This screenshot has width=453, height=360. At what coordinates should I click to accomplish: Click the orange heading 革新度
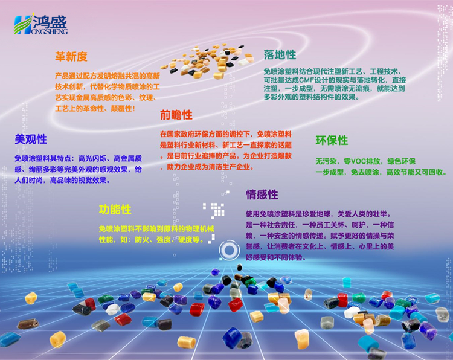click(71, 57)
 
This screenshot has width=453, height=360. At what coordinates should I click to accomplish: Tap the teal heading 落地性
click(280, 55)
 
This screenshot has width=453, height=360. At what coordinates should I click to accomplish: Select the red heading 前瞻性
click(176, 115)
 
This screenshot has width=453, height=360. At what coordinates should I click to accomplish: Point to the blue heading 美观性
click(31, 140)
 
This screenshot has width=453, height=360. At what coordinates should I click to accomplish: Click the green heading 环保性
click(332, 140)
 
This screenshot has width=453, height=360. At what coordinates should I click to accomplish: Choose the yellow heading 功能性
click(115, 210)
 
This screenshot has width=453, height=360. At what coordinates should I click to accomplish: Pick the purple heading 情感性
click(262, 194)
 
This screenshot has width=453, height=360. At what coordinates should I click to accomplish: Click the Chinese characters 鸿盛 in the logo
click(50, 22)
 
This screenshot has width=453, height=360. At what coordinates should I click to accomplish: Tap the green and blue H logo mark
click(23, 25)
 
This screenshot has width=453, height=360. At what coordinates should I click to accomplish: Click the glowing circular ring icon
click(229, 250)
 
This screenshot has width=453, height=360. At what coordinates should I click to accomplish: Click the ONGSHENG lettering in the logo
click(50, 31)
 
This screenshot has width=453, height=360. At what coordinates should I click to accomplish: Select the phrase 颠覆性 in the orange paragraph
click(121, 109)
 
